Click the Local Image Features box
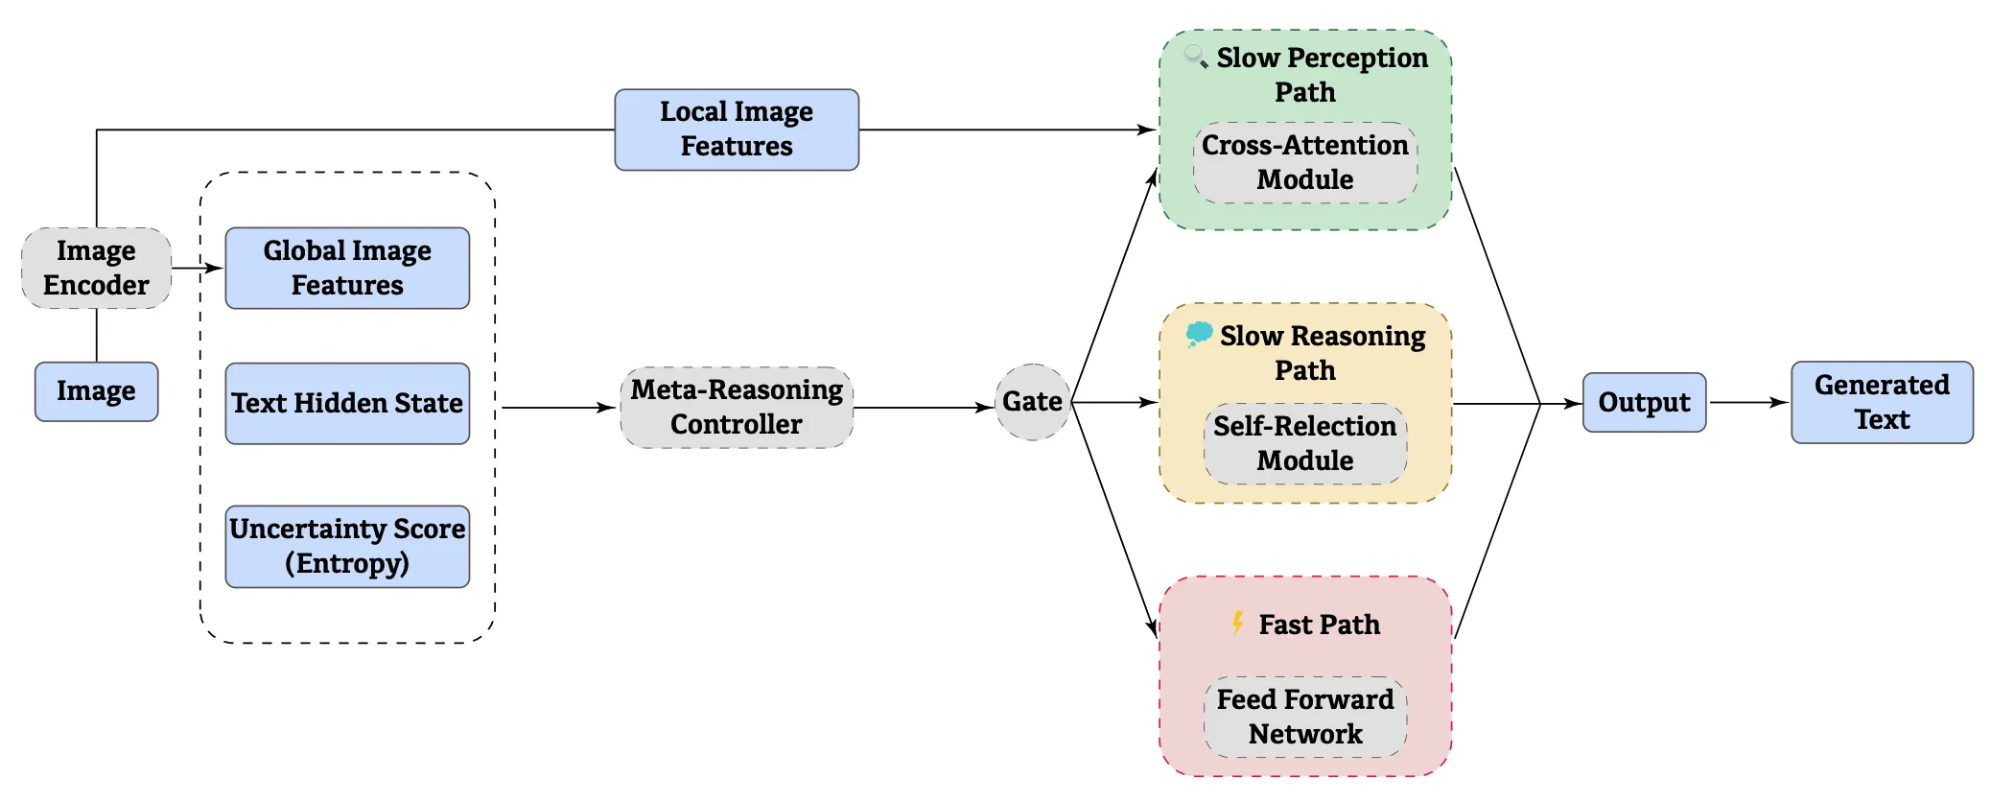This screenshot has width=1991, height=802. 736,130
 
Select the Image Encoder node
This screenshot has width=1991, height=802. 96,268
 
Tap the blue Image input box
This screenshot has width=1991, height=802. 96,391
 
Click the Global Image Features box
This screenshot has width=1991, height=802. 347,268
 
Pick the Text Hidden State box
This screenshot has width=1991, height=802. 347,403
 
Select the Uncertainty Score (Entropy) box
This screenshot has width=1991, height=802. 347,546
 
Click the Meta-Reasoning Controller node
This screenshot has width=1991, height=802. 736,407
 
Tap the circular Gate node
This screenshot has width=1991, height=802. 1032,402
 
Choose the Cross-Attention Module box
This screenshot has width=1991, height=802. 1304,162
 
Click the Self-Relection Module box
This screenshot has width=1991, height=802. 1304,443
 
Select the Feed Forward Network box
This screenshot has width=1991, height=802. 1304,717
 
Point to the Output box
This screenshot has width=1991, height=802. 1644,402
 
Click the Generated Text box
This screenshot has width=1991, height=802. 1881,402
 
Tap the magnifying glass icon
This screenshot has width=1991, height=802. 1195,57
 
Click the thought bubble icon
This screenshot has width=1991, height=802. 1198,334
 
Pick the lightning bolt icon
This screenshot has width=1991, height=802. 1237,624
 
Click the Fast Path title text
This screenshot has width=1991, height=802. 1319,625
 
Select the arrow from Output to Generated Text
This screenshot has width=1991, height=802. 1747,402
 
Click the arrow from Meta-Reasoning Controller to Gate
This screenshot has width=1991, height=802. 923,408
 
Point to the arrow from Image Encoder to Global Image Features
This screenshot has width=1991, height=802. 198,269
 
